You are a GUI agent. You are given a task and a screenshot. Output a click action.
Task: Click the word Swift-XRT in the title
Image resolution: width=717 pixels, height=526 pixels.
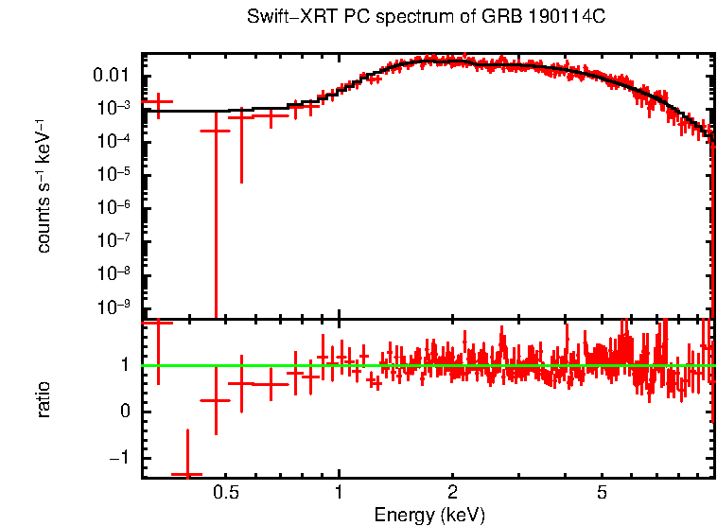[280, 17]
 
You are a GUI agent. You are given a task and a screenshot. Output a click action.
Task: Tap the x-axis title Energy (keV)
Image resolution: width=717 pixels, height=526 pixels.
[429, 515]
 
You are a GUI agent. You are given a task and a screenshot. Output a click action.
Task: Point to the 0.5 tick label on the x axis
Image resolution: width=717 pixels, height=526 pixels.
[225, 493]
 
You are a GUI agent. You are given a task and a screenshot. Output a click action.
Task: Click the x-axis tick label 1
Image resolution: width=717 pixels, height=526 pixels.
[339, 493]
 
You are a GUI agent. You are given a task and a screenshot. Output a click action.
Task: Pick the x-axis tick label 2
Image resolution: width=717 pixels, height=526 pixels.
[453, 493]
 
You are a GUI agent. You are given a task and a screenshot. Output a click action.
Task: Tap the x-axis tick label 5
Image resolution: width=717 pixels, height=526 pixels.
[603, 493]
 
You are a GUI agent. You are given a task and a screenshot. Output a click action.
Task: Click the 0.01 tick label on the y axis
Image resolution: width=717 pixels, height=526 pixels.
[116, 76]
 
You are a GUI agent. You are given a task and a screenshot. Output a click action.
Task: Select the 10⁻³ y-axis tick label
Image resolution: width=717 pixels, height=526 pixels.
[116, 108]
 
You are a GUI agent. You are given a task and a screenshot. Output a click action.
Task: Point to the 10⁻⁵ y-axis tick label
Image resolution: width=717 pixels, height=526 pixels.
[116, 174]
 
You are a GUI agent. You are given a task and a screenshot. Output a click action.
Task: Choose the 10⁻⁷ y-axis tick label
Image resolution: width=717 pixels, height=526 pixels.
[116, 240]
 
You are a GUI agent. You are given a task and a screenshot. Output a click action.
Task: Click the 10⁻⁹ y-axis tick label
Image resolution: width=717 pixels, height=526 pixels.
[116, 307]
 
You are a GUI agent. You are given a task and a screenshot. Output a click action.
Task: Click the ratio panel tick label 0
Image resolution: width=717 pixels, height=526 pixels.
[125, 412]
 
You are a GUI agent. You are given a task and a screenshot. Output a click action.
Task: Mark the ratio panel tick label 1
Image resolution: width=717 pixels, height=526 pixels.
[125, 364]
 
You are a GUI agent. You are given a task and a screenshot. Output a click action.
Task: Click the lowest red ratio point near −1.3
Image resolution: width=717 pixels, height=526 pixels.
[186, 474]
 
